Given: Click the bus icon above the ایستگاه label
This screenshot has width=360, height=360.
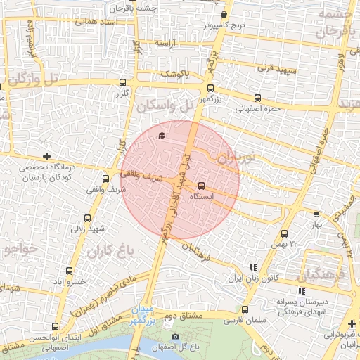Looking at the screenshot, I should coord(202,186).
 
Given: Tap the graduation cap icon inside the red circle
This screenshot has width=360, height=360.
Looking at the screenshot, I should coord(162,136).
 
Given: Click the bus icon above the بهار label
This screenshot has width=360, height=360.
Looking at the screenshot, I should coord(316,215).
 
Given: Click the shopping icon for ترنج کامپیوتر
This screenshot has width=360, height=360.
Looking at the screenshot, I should coord(224,14).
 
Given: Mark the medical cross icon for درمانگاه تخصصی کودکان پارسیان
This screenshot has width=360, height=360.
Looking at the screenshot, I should coord(46,155).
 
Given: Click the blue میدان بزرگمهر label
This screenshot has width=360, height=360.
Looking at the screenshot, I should coord(142,314).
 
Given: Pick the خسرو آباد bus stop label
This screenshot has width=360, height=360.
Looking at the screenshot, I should coord(69,281).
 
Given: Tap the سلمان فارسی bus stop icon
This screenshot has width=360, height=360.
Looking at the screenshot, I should coord(245,309).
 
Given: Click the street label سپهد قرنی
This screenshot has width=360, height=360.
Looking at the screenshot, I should coord(276,70).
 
